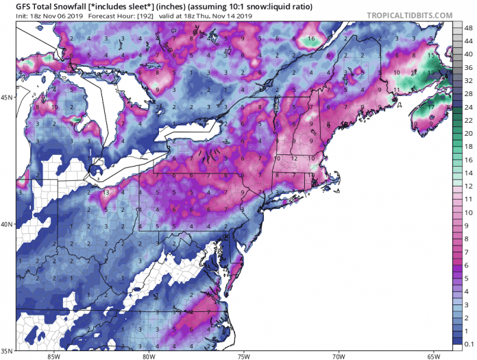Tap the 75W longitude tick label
click(243, 355)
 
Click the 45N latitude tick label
click(8, 97)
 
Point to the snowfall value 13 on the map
click(107, 194)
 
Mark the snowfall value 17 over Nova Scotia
click(431, 107)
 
